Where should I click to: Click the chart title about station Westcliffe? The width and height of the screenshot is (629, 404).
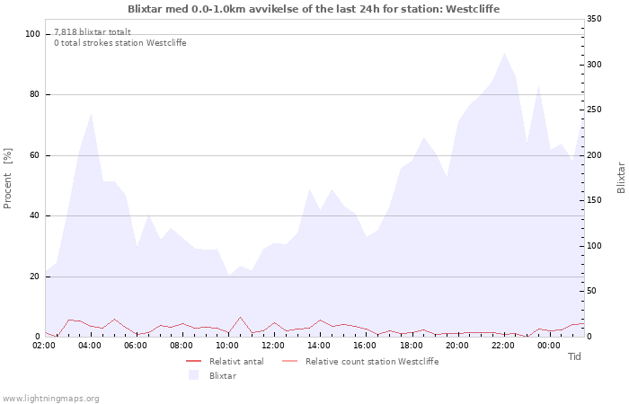coord(314,9)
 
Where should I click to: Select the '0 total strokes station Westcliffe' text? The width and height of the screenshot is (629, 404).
coord(120,42)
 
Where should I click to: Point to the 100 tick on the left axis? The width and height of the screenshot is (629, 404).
coord(32,34)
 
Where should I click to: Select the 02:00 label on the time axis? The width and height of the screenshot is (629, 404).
coord(46,346)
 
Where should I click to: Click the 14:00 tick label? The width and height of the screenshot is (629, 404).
coord(319,346)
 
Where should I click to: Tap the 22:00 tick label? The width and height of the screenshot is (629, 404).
coord(502,346)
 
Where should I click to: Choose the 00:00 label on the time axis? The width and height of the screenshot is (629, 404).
coord(548,346)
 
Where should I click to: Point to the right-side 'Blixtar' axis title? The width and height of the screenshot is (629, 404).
coord(620,178)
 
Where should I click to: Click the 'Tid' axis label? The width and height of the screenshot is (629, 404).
coord(574,356)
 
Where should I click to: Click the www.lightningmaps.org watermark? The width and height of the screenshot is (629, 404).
coord(50,398)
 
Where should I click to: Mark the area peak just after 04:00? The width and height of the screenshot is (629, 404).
coord(92,114)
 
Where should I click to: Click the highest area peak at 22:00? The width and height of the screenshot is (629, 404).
coord(504,53)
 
